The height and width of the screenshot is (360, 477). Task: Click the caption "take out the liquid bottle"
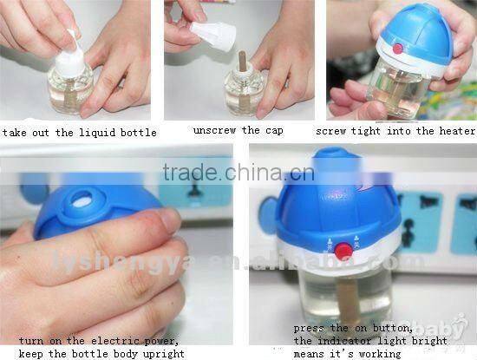pyautogui.click(x=80, y=133)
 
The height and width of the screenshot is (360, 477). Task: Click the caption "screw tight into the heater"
pyautogui.click(x=395, y=131)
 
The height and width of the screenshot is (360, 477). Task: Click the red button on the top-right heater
pyautogui.click(x=399, y=48)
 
